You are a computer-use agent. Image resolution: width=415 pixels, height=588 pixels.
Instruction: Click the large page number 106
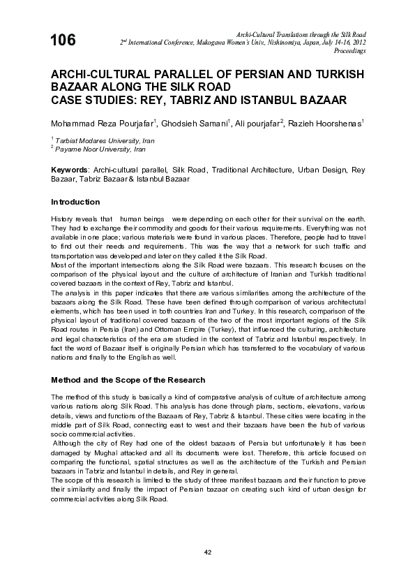(x=63, y=41)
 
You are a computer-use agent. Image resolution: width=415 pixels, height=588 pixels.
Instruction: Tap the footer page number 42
(x=207, y=553)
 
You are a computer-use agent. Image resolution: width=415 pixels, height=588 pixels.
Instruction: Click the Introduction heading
(x=75, y=203)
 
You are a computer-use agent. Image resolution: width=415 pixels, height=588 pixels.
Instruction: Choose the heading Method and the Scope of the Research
(x=127, y=381)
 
